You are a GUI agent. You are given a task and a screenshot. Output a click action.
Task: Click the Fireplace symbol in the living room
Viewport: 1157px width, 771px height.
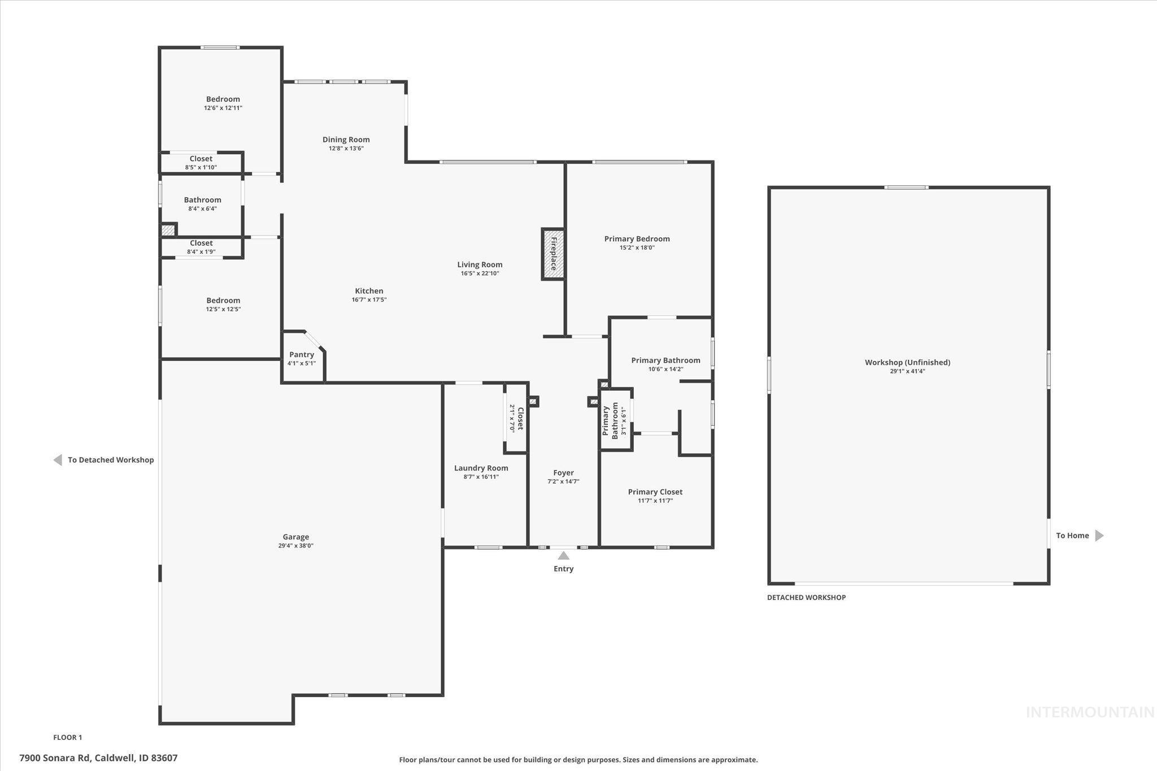pyautogui.click(x=553, y=254)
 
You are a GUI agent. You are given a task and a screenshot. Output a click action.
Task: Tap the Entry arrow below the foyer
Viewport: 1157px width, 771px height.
pyautogui.click(x=563, y=556)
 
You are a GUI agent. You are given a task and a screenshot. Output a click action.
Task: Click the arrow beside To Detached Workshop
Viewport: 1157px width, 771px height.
pyautogui.click(x=58, y=460)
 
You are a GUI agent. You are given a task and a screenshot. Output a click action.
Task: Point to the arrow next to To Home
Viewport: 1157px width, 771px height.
pyautogui.click(x=1099, y=535)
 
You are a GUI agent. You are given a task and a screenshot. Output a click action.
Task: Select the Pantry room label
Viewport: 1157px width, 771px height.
pyautogui.click(x=301, y=355)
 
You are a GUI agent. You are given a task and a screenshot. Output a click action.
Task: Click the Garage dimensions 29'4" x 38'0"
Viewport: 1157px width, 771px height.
pyautogui.click(x=295, y=546)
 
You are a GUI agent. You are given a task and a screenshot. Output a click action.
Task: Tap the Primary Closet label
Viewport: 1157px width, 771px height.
pyautogui.click(x=655, y=492)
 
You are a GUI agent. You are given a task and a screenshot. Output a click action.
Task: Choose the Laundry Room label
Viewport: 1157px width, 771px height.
pyautogui.click(x=481, y=468)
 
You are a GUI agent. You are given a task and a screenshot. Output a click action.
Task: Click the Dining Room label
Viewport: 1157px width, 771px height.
pyautogui.click(x=346, y=140)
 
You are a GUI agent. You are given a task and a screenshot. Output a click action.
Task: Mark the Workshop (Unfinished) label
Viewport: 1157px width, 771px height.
pyautogui.click(x=907, y=363)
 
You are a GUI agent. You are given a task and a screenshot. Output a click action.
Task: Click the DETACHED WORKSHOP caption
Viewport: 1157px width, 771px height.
pyautogui.click(x=806, y=598)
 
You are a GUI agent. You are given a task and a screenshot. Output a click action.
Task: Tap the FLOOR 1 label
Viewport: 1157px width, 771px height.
pyautogui.click(x=68, y=737)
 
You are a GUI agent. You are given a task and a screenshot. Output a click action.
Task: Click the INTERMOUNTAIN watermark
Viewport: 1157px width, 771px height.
pyautogui.click(x=1090, y=712)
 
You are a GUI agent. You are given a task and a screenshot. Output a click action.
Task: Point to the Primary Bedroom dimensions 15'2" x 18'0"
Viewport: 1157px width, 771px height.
pyautogui.click(x=637, y=247)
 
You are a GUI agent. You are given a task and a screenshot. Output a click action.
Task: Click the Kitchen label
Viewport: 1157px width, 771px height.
pyautogui.click(x=369, y=291)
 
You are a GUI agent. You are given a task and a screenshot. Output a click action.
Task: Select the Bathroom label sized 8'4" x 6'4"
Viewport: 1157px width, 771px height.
pyautogui.click(x=202, y=200)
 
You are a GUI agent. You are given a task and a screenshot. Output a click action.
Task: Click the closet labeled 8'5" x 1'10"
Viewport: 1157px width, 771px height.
pyautogui.click(x=201, y=163)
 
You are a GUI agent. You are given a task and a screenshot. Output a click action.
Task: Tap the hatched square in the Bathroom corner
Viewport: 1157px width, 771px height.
pyautogui.click(x=168, y=230)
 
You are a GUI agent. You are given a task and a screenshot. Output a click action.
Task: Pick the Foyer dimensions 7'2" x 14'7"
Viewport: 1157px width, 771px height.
pyautogui.click(x=563, y=482)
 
